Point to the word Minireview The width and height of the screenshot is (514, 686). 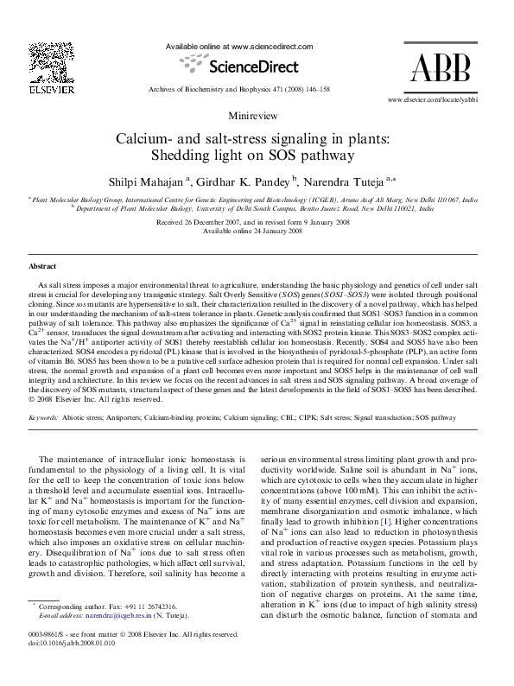click(256, 116)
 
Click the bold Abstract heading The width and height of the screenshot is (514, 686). click(43, 267)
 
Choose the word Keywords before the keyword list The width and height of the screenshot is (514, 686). click(43, 417)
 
